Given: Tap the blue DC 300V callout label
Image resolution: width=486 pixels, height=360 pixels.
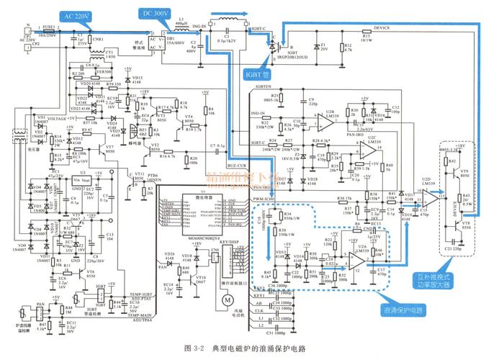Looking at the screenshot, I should (x=157, y=14).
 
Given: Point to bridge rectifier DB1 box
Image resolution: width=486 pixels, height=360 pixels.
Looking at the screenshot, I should (x=173, y=42).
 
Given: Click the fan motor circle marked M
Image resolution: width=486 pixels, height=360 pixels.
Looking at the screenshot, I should (x=228, y=297).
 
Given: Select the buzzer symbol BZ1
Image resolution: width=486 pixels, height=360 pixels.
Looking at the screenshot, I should (x=132, y=131).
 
